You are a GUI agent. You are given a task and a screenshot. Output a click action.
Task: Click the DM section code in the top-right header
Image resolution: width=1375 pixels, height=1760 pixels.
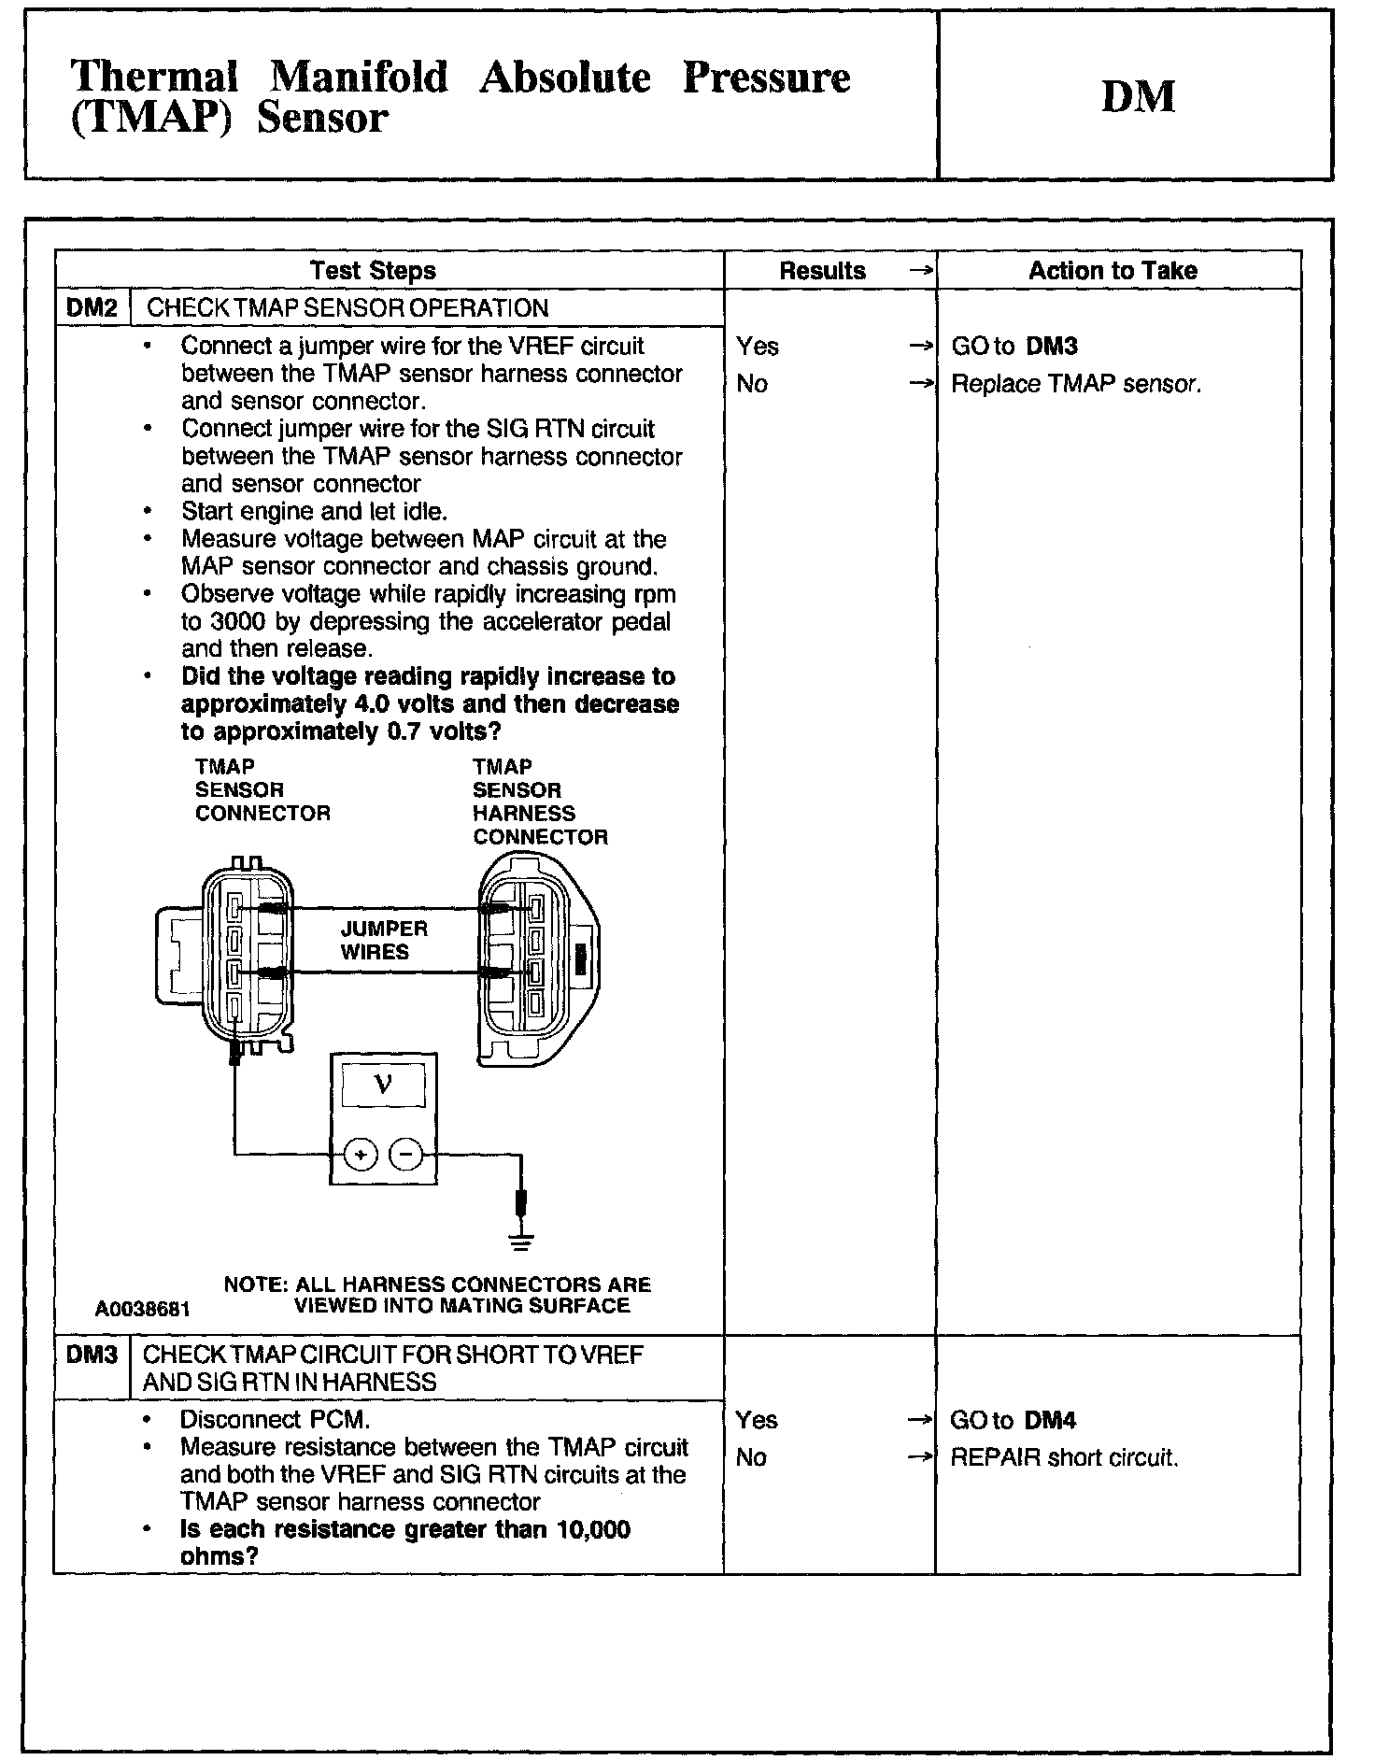click(x=1137, y=96)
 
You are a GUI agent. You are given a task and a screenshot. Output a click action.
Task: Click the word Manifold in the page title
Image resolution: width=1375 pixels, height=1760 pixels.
click(x=359, y=77)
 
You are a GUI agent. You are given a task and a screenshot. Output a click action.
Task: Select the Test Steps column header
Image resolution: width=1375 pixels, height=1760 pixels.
click(x=373, y=271)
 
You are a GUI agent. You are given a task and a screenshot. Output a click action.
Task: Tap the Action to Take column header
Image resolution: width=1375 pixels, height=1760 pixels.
click(x=1113, y=271)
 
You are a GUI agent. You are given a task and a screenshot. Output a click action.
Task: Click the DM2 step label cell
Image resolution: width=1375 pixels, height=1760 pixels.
click(x=92, y=308)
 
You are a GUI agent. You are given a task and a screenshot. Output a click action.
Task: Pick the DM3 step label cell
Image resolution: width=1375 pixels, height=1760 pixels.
click(x=92, y=1355)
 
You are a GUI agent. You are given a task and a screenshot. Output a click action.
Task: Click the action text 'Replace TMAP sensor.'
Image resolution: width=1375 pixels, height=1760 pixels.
click(x=1076, y=384)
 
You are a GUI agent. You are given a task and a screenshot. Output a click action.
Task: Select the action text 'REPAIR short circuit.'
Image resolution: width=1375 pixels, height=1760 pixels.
click(x=1064, y=1457)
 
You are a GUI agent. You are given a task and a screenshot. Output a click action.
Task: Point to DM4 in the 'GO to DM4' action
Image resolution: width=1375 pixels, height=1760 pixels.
click(x=1050, y=1421)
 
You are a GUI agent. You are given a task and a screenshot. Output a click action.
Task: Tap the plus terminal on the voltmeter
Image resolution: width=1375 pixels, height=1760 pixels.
click(x=361, y=1156)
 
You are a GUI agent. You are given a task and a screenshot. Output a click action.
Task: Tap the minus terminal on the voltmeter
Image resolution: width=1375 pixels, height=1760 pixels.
click(x=405, y=1156)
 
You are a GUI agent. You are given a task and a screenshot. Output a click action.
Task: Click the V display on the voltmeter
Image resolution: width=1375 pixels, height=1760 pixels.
click(x=383, y=1085)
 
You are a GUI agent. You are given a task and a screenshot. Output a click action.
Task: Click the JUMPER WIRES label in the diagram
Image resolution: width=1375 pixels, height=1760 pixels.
click(x=383, y=940)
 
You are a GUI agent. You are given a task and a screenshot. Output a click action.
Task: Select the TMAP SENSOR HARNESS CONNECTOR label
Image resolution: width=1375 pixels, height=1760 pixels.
click(x=539, y=802)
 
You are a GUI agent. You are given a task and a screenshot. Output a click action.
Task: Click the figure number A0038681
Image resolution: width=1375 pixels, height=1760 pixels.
click(x=142, y=1309)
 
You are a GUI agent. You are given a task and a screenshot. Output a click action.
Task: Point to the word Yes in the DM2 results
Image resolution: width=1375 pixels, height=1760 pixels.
click(x=757, y=347)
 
